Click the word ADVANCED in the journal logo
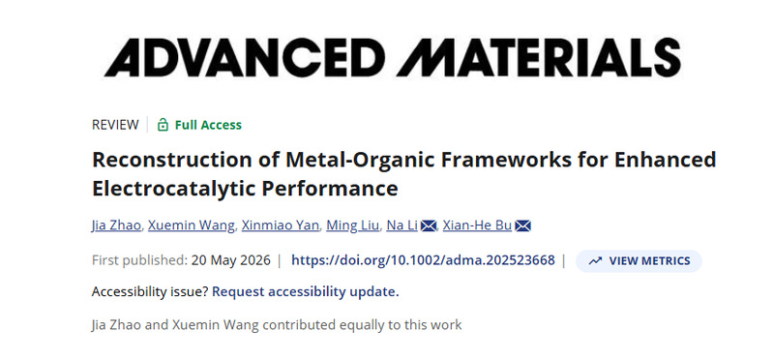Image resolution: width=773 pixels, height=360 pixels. point(245,58)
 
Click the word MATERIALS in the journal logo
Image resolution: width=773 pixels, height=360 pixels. point(539,58)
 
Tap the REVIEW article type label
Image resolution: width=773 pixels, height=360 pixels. point(115,125)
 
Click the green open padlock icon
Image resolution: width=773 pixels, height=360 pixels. point(163,125)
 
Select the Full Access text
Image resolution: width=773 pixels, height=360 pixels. point(208,125)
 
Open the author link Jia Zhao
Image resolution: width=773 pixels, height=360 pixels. point(116,225)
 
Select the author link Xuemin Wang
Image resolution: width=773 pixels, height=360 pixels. point(192,225)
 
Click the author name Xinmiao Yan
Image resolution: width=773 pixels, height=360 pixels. point(281,225)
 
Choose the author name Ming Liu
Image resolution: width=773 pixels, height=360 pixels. point(353,225)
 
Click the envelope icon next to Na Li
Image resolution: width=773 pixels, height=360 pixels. point(429,225)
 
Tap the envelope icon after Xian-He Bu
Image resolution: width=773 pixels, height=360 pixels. point(522,225)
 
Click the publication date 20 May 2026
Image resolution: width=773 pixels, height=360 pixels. point(230,260)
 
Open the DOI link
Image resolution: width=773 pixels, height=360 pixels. point(423,260)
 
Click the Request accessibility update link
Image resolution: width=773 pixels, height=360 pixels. point(305,292)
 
